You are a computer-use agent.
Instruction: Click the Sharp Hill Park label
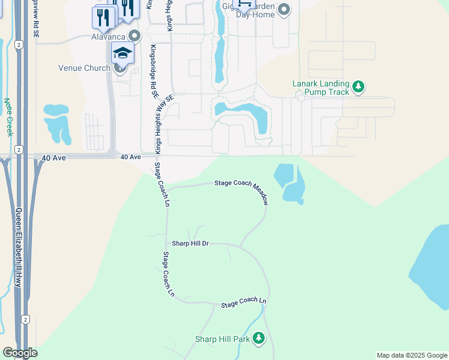coord(222,339)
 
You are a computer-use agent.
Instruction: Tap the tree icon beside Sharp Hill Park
coord(259,339)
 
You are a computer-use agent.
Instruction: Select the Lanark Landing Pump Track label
coord(320,88)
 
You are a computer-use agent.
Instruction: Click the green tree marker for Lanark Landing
coord(358,88)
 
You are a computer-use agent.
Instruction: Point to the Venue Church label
coord(84,68)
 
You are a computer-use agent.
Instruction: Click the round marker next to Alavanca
coord(134,35)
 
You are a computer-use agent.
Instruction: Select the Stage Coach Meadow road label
coord(241,190)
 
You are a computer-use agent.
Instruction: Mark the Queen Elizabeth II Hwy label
coord(18,246)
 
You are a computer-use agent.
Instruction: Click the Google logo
coord(20,353)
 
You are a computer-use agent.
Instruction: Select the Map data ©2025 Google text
coord(411,355)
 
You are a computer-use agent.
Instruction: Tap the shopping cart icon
coord(244,4)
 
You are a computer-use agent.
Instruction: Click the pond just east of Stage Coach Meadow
coord(289,182)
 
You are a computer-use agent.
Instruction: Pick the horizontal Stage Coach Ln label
coord(243,302)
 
